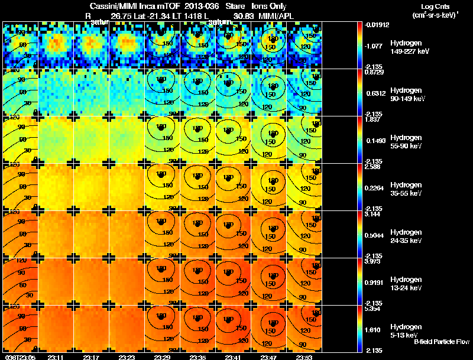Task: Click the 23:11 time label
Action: point(56,357)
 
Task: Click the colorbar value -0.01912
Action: point(378,25)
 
